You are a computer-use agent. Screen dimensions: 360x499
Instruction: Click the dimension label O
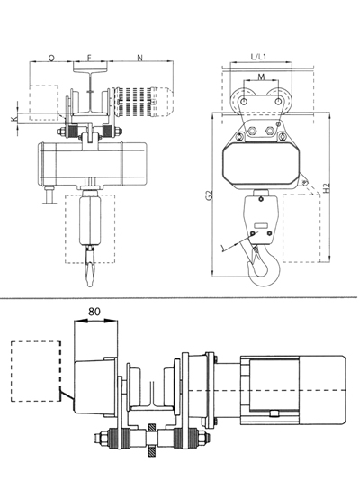pyautogui.click(x=51, y=58)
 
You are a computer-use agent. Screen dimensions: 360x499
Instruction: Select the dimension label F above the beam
pyautogui.click(x=89, y=58)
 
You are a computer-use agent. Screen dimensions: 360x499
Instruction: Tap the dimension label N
pyautogui.click(x=139, y=58)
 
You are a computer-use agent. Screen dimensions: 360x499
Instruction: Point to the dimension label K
pyautogui.click(x=13, y=119)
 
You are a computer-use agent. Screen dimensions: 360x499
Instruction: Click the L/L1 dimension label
pyautogui.click(x=258, y=57)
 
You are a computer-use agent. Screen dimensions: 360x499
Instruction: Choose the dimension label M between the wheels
pyautogui.click(x=261, y=77)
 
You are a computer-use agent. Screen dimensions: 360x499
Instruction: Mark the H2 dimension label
pyautogui.click(x=327, y=187)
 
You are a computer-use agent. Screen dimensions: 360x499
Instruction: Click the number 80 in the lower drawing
pyautogui.click(x=94, y=312)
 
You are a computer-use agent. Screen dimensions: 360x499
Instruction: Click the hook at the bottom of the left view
pyautogui.click(x=90, y=266)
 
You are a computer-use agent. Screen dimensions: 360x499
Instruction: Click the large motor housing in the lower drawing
pyautogui.click(x=292, y=390)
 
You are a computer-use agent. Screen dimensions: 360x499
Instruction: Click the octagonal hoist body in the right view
pyautogui.click(x=261, y=165)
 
